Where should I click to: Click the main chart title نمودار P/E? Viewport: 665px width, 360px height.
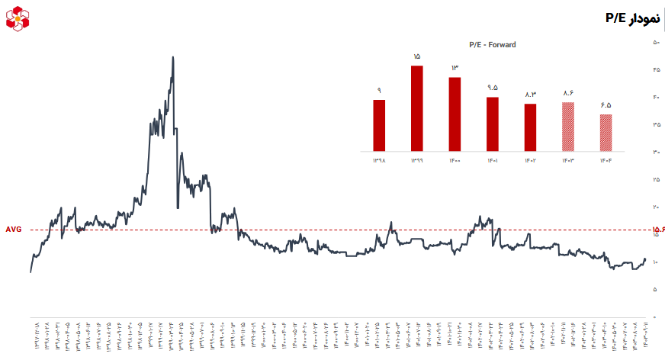(630, 18)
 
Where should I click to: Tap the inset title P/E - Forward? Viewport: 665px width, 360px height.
(492, 44)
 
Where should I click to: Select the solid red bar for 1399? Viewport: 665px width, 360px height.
(417, 108)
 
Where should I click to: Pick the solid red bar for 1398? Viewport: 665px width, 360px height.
(379, 125)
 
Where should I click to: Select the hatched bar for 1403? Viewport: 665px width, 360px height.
(568, 126)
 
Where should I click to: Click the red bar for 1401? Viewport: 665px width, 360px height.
(493, 124)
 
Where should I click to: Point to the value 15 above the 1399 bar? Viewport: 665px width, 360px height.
(417, 56)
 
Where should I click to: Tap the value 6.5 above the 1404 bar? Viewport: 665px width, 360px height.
(606, 105)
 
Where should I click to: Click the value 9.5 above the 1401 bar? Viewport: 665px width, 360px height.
(493, 88)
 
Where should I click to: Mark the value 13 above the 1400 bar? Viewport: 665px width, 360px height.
(455, 69)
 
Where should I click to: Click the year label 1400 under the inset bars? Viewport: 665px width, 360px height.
(455, 161)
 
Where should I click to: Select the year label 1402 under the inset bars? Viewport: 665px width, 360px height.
(531, 161)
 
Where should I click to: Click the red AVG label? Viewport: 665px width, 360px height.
(14, 230)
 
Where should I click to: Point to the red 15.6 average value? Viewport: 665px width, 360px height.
(658, 230)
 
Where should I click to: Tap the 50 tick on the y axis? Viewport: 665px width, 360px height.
(656, 43)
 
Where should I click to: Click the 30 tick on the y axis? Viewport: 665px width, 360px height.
(656, 153)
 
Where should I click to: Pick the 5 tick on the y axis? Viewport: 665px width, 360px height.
(656, 290)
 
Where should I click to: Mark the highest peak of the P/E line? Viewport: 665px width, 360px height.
(173, 57)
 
